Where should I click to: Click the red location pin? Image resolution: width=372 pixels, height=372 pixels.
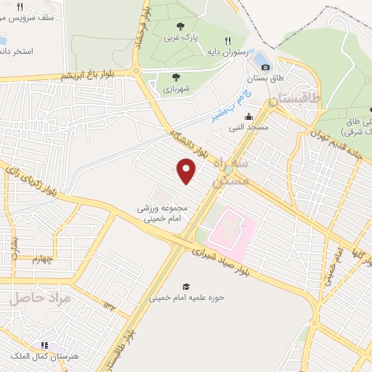(187, 171)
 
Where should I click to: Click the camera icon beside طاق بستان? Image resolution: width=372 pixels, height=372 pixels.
(266, 68)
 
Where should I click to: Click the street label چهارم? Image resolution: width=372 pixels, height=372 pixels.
(43, 259)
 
